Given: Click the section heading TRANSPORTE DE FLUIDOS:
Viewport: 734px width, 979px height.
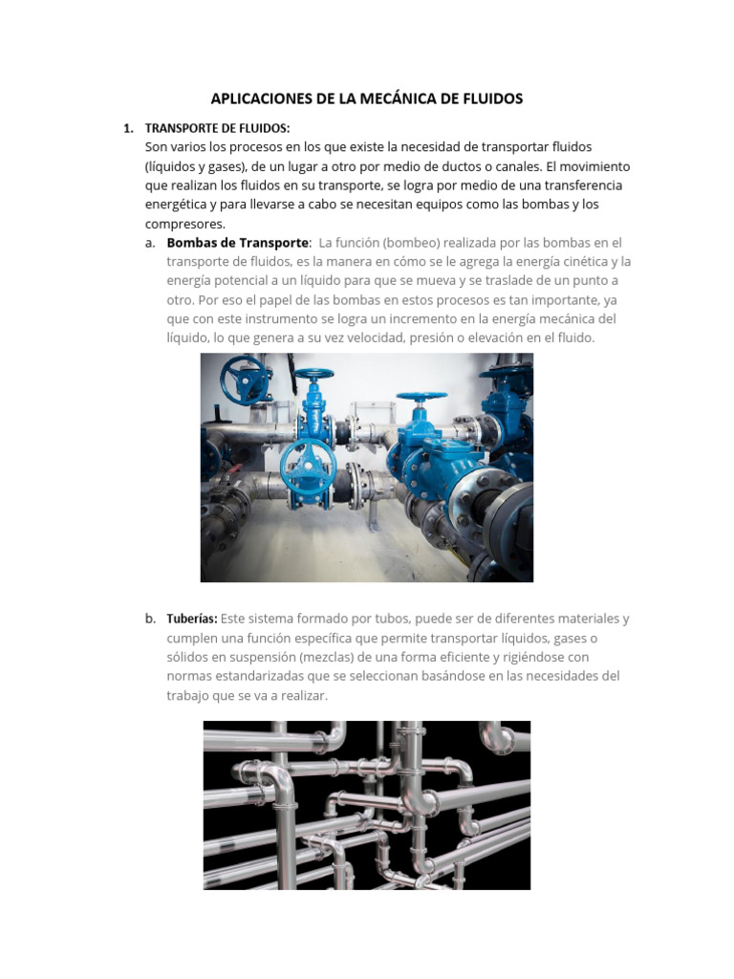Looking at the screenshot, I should click(217, 128).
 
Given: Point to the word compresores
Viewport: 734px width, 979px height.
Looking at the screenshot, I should click(183, 224).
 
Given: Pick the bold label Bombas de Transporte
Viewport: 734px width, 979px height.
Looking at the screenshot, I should click(238, 243).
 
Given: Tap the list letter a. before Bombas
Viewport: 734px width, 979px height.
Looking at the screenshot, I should click(151, 243).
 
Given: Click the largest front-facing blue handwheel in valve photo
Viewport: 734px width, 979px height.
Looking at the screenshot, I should click(308, 466).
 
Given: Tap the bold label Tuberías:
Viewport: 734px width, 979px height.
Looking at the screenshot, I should click(192, 619).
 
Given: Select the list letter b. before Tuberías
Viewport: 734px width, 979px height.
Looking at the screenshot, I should click(151, 619).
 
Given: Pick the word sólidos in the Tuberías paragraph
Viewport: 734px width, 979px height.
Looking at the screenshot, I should click(188, 657).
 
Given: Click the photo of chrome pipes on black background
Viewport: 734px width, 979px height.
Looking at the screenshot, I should click(367, 805).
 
